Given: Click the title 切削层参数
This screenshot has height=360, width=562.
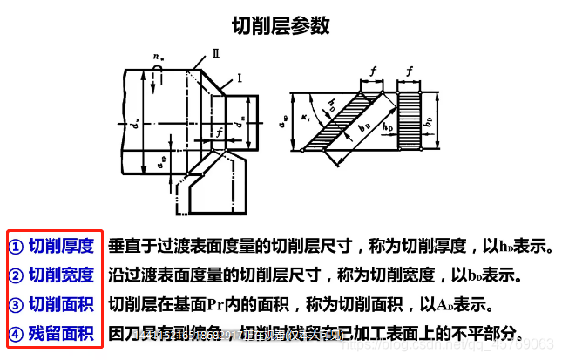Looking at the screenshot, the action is [x=280, y=26].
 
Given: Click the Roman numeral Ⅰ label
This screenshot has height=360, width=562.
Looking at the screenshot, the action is [x=238, y=78].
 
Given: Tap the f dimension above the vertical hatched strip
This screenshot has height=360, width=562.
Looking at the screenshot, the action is [x=410, y=70].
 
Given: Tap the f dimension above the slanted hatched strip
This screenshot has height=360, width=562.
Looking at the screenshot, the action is [x=372, y=70].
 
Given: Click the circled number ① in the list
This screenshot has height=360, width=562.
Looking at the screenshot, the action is [x=16, y=247].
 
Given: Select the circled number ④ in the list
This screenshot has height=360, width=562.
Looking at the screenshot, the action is [x=16, y=333].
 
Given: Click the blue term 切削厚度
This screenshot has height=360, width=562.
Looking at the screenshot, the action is [x=61, y=247].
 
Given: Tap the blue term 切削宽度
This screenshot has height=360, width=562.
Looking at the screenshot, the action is [x=61, y=275].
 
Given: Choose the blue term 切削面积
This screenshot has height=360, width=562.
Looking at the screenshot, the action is [x=61, y=304].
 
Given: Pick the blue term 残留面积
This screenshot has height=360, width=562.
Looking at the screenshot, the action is [x=61, y=333].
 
